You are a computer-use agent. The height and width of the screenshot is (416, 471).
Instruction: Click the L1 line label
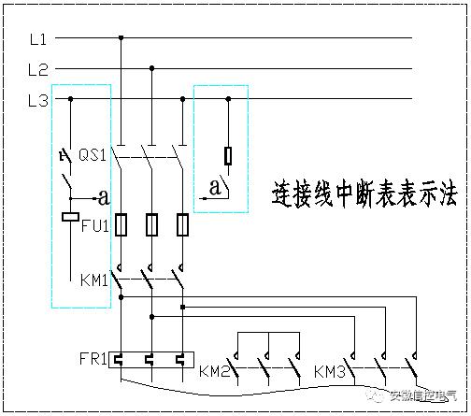point(38,38)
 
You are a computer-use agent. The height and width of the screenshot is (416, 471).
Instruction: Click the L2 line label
point(38,69)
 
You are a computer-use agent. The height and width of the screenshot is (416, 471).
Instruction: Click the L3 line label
point(38,100)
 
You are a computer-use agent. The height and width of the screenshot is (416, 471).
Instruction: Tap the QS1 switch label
point(92,153)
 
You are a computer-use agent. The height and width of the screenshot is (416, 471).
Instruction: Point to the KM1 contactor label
point(94,280)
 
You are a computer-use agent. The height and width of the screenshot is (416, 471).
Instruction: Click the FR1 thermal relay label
point(93,358)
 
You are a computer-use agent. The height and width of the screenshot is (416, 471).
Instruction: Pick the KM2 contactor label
point(214,371)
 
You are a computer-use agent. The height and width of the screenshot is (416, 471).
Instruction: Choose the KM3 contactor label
point(330,371)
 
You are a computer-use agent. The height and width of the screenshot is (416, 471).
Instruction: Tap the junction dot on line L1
point(121,38)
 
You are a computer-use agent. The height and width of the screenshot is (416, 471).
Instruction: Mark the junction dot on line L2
point(151,68)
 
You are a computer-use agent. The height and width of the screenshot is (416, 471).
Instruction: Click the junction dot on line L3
point(228,98)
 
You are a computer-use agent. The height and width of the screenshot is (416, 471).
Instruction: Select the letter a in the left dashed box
point(105,197)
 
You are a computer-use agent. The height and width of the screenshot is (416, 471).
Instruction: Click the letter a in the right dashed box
point(215,187)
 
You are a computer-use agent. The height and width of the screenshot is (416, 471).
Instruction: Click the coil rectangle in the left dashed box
point(69,217)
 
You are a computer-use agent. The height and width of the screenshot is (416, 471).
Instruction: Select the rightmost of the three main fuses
point(182,225)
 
